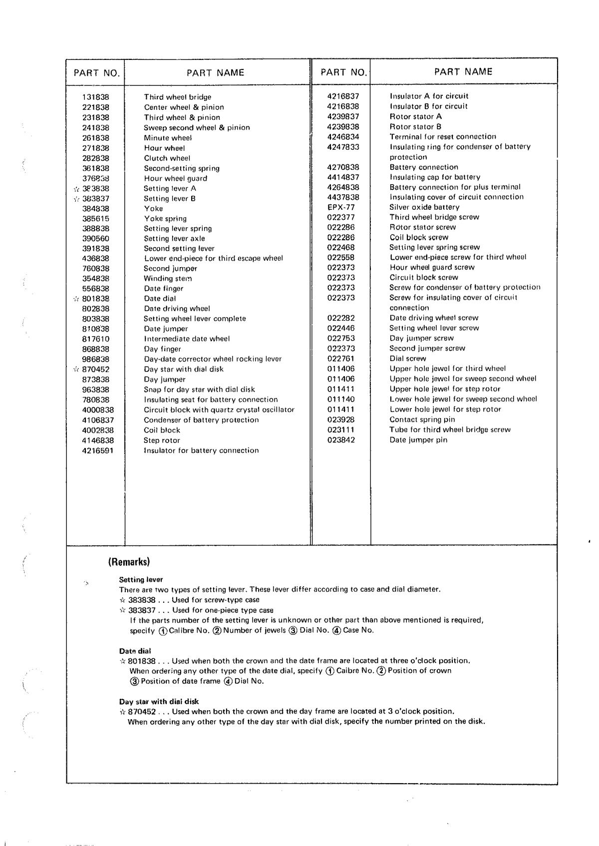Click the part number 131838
[95, 97]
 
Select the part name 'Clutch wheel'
[167, 158]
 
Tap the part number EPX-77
[341, 207]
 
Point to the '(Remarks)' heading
[129, 562]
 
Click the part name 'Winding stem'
[168, 278]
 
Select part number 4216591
[98, 450]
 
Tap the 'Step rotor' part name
[162, 440]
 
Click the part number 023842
[341, 439]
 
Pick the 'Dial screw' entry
[408, 358]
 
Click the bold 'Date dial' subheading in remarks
[135, 651]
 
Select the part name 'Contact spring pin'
[422, 420]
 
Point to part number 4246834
[343, 136]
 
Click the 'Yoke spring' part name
[165, 218]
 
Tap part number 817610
[95, 339]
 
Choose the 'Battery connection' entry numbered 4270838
[423, 167]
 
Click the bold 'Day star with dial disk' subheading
[159, 701]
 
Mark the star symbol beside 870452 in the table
[76, 369]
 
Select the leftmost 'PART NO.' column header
[96, 73]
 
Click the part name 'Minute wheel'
[168, 137]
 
